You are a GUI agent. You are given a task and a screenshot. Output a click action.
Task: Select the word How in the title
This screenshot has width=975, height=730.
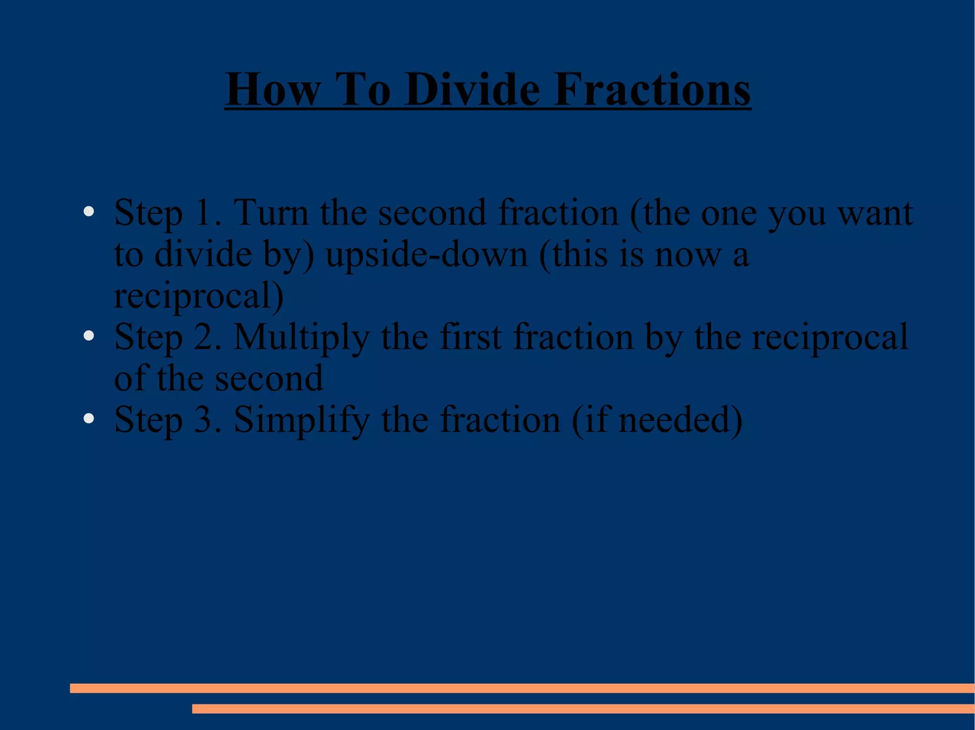(273, 89)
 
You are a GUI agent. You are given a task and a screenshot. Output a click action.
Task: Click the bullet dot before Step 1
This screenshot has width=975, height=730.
(89, 211)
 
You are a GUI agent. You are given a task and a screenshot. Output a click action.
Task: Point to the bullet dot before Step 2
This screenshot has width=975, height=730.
(89, 336)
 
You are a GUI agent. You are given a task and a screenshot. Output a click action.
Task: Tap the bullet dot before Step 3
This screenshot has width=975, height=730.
(89, 419)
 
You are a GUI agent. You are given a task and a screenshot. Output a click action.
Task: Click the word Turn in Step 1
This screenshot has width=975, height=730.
(271, 213)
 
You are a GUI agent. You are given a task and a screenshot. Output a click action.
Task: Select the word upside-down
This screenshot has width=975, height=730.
(427, 254)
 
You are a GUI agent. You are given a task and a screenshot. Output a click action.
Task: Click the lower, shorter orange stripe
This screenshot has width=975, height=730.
(583, 709)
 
